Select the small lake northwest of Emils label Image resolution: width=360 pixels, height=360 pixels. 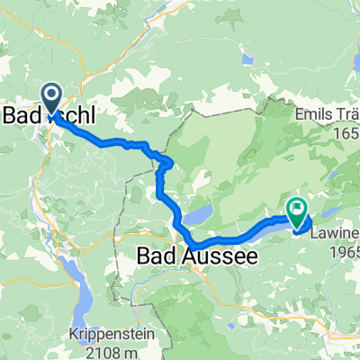click(247, 59)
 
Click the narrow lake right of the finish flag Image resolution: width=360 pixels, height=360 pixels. click(330, 212)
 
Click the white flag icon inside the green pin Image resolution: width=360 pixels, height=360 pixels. click(296, 207)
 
